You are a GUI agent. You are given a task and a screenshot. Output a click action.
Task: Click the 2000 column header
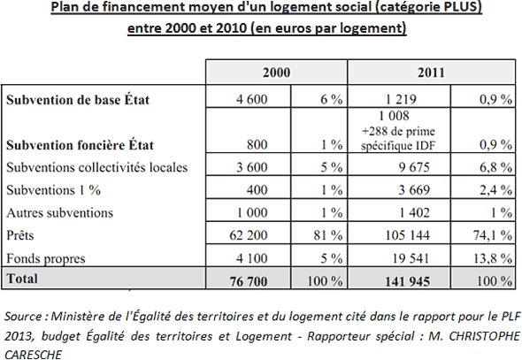point(276,73)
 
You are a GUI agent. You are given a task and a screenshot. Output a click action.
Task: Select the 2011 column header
point(431,73)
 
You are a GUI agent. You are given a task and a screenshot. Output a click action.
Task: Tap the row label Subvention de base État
point(78,100)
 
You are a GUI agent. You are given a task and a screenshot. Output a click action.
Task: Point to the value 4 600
point(251,99)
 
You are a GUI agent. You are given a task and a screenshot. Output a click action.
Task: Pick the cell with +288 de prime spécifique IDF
point(398,138)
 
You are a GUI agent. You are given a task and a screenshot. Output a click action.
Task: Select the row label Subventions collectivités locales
point(96,167)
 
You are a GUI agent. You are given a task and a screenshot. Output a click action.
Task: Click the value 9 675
point(414,167)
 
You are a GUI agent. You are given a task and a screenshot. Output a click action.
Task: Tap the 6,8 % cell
point(495,167)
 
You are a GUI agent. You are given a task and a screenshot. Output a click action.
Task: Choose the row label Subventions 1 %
point(53,190)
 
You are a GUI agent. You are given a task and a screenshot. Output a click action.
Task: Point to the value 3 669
point(414,189)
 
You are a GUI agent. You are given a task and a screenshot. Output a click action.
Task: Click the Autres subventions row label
point(59,212)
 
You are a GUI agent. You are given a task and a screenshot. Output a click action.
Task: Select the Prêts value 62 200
point(249,235)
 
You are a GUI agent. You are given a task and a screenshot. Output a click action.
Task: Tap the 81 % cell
point(328,235)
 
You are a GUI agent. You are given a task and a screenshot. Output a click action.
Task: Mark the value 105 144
point(408,235)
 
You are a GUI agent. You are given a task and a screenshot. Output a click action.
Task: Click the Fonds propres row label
point(46,258)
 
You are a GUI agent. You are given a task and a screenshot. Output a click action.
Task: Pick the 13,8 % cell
point(493,258)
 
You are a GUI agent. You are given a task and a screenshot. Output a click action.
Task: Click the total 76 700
point(249,281)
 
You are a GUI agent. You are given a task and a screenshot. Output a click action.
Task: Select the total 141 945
point(408,281)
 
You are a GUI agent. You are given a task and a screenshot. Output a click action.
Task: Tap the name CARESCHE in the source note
point(33,355)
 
